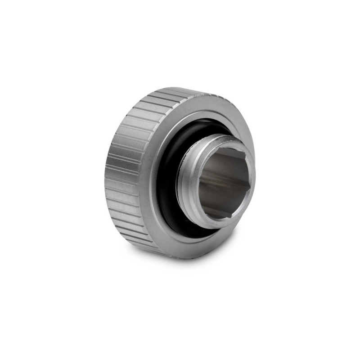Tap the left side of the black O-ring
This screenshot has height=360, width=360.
pyautogui.click(x=164, y=180)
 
